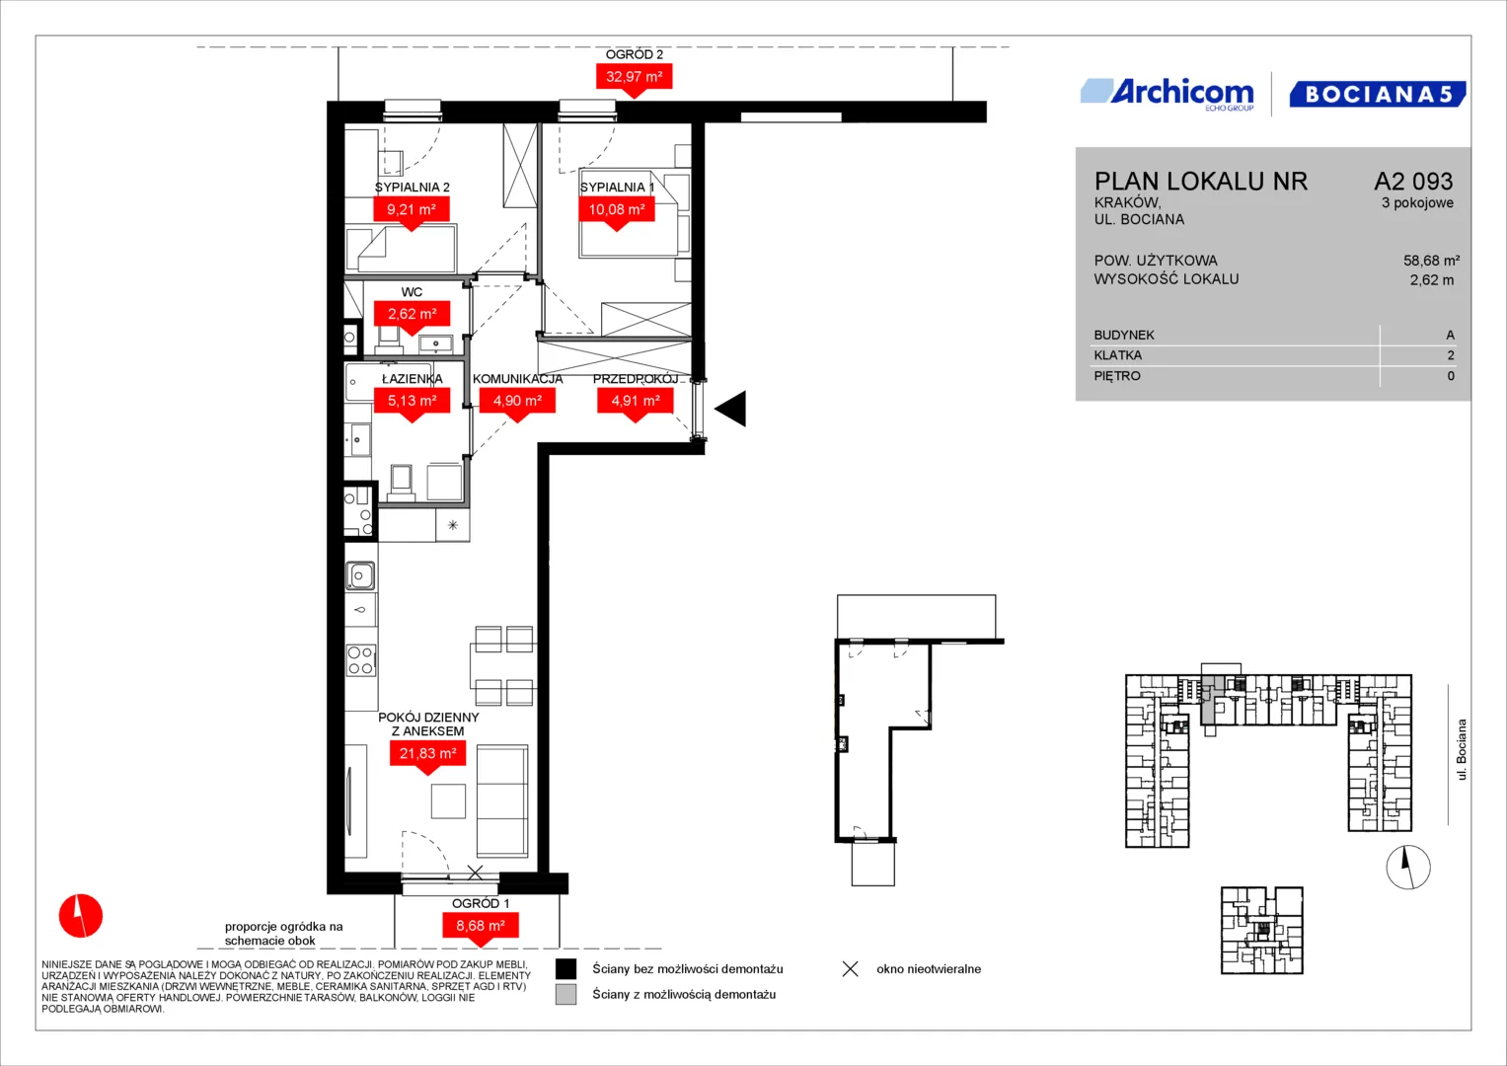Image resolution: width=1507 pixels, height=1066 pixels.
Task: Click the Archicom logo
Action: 1168,94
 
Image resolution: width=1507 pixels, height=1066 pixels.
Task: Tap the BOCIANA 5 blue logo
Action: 1377,94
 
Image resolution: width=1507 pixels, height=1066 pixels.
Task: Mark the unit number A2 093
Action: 1413,181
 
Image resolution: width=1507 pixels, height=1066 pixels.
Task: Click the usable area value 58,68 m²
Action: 1431,261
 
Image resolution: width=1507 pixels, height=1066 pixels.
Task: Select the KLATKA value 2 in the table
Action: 1451,355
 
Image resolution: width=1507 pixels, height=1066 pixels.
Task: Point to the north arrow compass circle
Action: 1408,867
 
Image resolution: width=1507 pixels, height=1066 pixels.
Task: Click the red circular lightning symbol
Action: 81,915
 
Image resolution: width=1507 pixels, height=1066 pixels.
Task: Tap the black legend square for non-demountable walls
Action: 565,968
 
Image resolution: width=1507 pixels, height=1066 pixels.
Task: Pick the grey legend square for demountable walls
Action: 565,994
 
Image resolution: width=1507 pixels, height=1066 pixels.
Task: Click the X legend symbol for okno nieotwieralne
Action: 851,968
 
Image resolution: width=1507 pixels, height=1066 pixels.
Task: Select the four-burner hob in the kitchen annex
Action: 360,660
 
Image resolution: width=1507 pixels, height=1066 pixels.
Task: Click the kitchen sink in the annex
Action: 360,575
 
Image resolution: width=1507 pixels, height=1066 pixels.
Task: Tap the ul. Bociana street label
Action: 1461,750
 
